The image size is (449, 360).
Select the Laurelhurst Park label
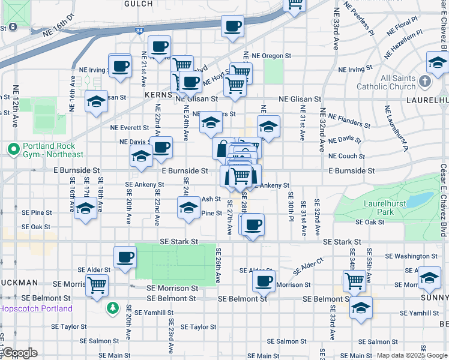[378, 208]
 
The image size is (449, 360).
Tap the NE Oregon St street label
[271, 55]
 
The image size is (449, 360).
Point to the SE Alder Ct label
[309, 266]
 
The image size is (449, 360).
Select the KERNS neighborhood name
[158, 95]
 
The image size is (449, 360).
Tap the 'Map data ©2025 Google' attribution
[412, 355]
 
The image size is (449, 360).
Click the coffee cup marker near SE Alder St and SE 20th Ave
[125, 257]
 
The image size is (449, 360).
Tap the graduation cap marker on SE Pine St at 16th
[86, 208]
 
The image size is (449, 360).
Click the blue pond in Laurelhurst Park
[421, 199]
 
